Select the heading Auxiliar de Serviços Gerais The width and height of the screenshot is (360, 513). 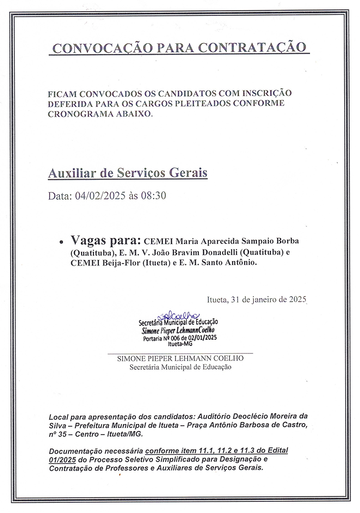128,173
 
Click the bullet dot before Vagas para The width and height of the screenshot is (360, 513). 61,241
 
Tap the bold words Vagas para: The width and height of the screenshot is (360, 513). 106,240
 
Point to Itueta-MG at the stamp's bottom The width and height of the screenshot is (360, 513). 180,344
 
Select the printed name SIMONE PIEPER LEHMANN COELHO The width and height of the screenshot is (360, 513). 180,359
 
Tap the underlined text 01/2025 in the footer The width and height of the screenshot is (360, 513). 61,459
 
